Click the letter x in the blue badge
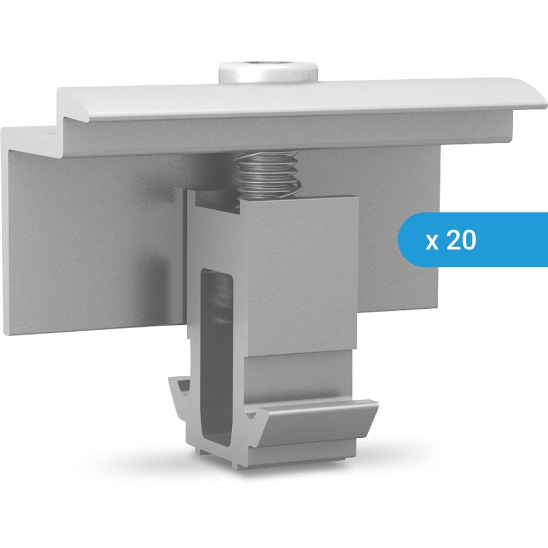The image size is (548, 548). (x=432, y=242)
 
